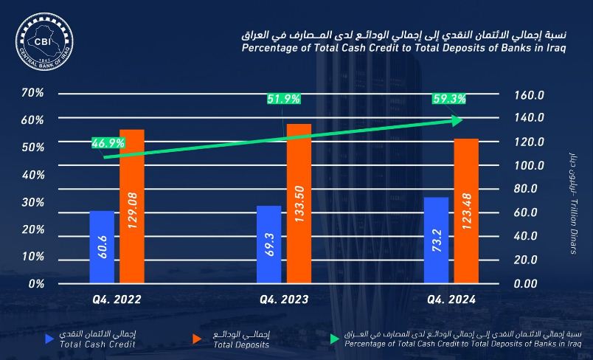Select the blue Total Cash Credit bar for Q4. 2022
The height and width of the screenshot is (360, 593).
click(x=102, y=246)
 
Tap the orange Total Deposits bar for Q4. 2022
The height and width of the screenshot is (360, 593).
click(x=132, y=206)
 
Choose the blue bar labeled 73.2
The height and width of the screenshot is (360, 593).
click(x=436, y=240)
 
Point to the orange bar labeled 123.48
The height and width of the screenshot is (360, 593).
click(x=466, y=210)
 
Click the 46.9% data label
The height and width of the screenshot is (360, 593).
click(x=108, y=143)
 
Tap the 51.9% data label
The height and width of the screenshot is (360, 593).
click(x=280, y=99)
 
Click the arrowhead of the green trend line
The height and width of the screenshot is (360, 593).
click(x=458, y=120)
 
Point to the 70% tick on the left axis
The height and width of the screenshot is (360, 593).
click(x=33, y=93)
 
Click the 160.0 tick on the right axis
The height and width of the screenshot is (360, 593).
click(x=529, y=95)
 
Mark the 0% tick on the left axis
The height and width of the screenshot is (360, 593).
click(x=36, y=284)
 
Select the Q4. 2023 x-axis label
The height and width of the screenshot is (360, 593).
click(x=284, y=300)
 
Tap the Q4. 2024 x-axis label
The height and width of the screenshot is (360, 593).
click(x=451, y=300)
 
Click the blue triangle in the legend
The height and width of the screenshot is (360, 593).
click(x=50, y=339)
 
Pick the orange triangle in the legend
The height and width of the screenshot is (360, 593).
click(x=197, y=339)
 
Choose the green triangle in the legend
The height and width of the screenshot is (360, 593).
click(x=335, y=339)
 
